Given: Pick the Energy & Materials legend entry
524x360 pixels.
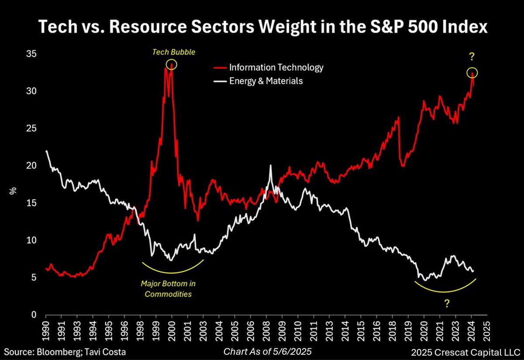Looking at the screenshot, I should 266,81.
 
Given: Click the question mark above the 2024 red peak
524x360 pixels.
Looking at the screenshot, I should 472,57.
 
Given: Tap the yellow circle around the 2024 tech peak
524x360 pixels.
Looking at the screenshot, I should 472,73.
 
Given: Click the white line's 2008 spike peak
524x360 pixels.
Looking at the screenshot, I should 271,165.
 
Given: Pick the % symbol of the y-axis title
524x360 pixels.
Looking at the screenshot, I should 14,191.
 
